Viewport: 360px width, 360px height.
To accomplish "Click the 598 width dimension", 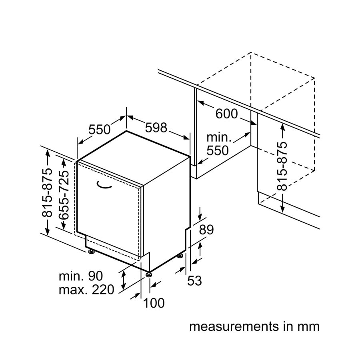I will [x=156, y=128].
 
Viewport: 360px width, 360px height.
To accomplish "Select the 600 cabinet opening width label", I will [x=226, y=114].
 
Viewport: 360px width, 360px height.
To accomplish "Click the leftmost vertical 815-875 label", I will [x=48, y=192].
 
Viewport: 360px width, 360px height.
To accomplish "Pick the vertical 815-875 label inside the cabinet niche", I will [x=282, y=166].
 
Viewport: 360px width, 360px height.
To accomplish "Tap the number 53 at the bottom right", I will [x=194, y=281].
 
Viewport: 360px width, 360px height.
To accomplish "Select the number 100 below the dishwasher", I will [x=154, y=303].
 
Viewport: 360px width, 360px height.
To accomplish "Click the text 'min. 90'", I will [x=81, y=276].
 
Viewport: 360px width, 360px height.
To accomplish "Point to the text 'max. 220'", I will [x=86, y=289].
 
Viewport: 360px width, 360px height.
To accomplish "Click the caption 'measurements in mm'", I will [x=254, y=326].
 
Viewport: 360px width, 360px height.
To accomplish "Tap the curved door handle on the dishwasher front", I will [x=105, y=185].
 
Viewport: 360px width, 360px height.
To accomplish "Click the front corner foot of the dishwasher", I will [x=149, y=274].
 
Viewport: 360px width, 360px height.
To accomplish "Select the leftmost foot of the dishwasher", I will [x=92, y=251].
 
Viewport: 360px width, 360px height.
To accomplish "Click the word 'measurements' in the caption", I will [x=232, y=326].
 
